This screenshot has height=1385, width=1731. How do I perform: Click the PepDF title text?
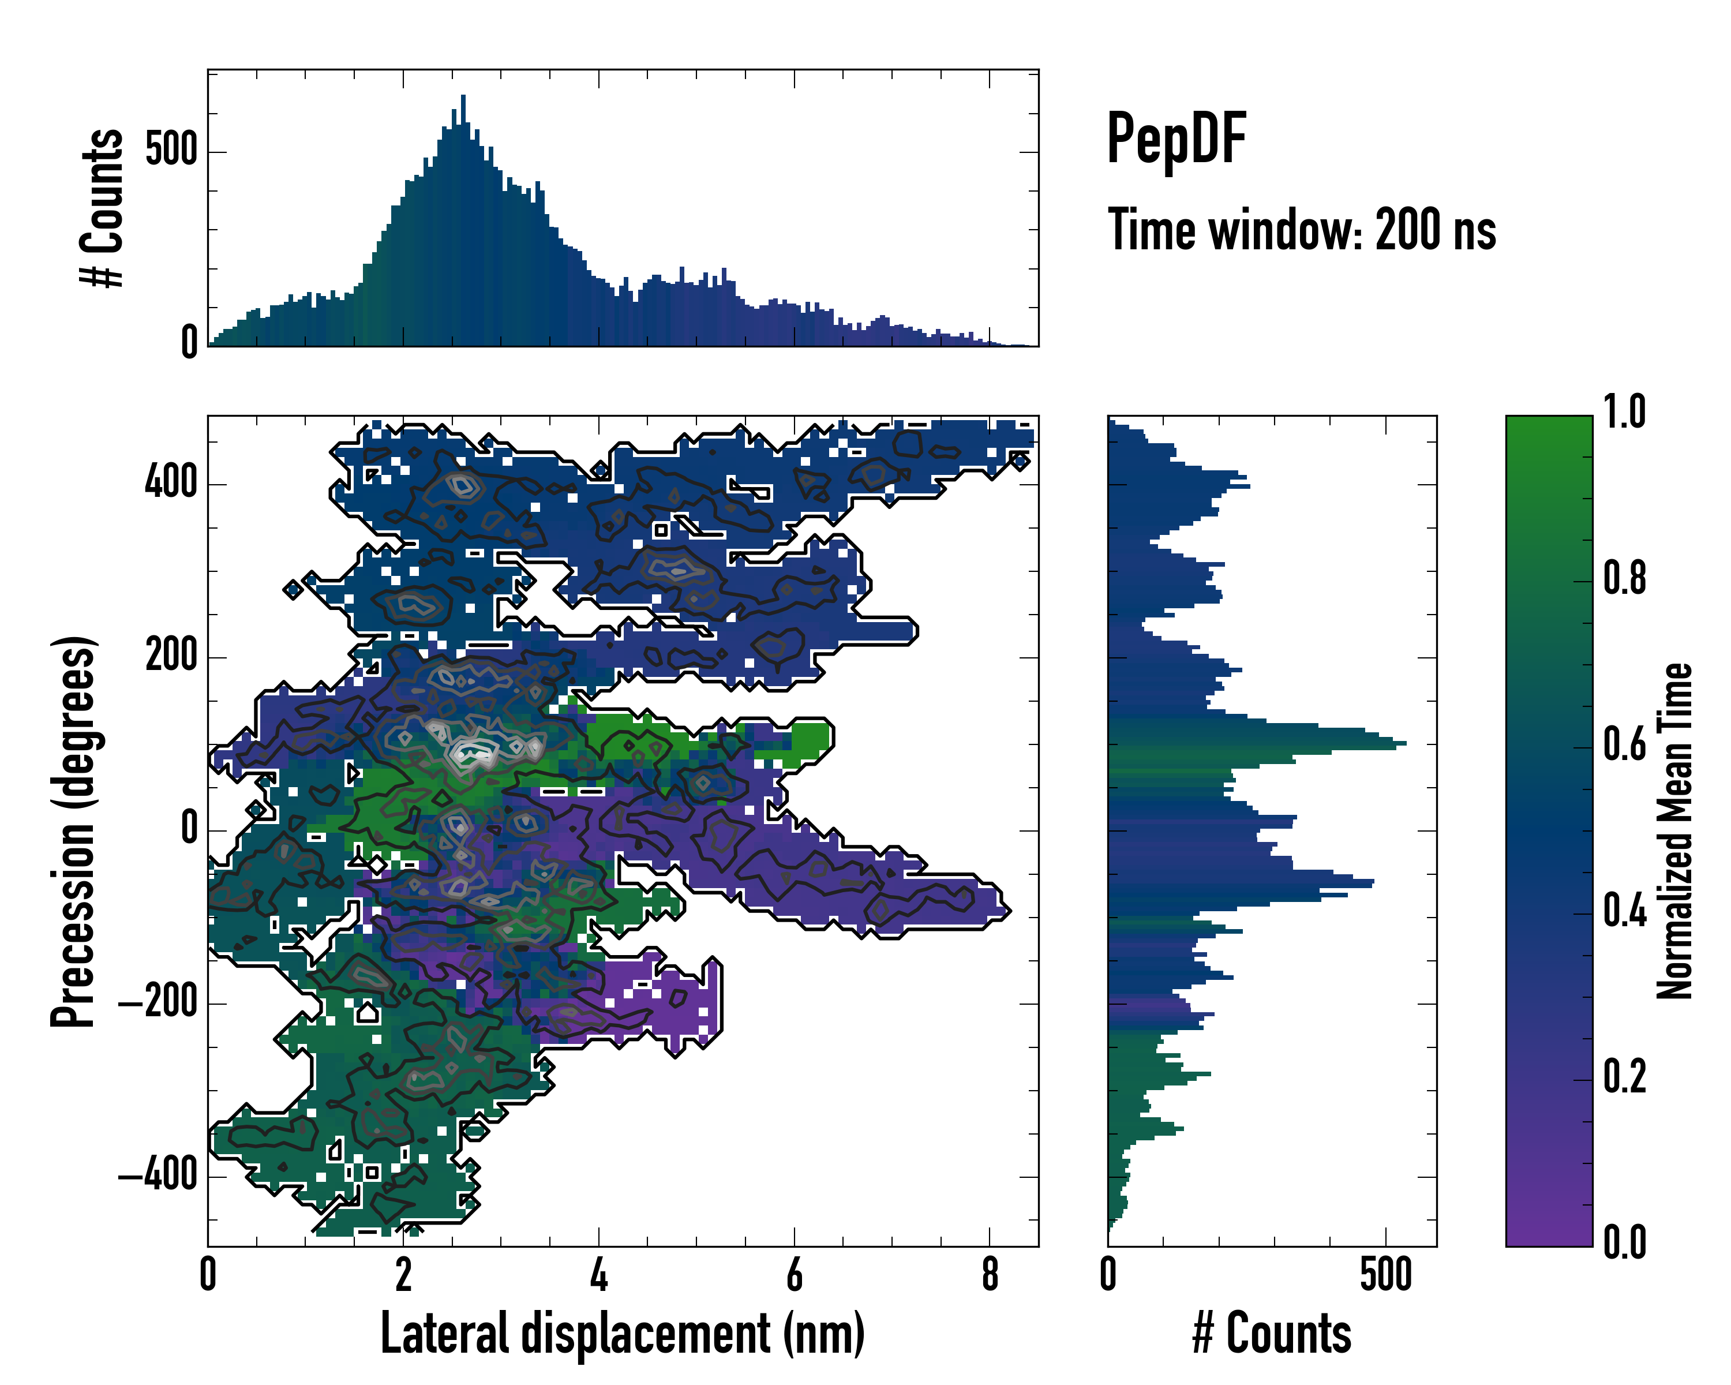click(x=1176, y=140)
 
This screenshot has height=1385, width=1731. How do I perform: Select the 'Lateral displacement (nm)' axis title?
click(x=622, y=1334)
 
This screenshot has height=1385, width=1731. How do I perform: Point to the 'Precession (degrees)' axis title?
click(x=74, y=831)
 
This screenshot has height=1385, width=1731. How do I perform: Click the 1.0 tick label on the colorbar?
click(x=1624, y=413)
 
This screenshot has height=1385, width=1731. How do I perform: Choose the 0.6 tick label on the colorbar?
click(x=1624, y=745)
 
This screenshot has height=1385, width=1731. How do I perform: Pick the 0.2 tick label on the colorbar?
click(x=1624, y=1077)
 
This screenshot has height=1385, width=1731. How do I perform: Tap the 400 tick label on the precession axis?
click(x=171, y=484)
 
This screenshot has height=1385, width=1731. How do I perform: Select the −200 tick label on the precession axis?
click(x=158, y=1003)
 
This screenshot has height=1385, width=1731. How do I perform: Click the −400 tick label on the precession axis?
click(x=158, y=1176)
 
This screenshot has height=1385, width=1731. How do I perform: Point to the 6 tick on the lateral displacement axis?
click(x=794, y=1275)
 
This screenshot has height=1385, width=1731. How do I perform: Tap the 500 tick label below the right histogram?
click(x=1386, y=1275)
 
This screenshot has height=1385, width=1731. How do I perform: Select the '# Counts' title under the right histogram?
click(x=1272, y=1334)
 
